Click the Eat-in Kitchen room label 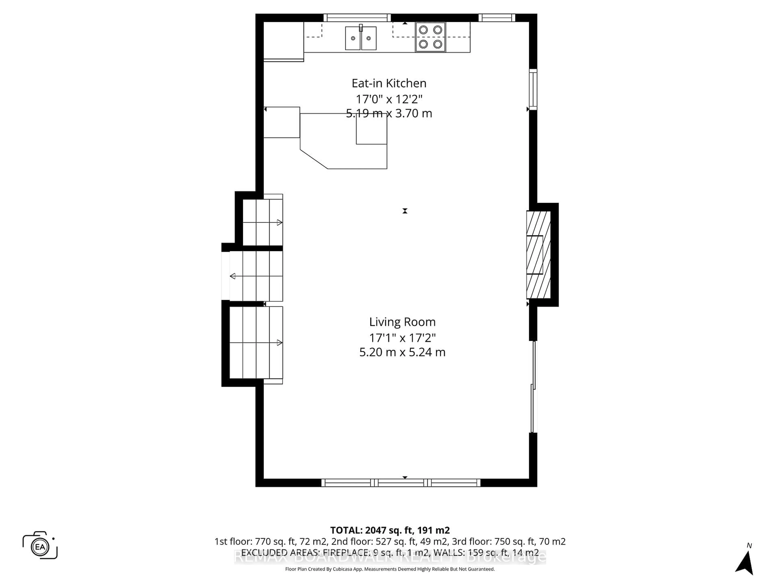point(389,83)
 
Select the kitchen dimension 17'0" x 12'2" point(389,99)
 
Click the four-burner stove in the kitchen point(430,37)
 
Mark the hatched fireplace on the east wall point(538,255)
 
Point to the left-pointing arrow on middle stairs point(233,276)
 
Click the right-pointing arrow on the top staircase point(279,222)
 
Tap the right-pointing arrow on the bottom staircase point(279,343)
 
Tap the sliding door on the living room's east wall point(533,387)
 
